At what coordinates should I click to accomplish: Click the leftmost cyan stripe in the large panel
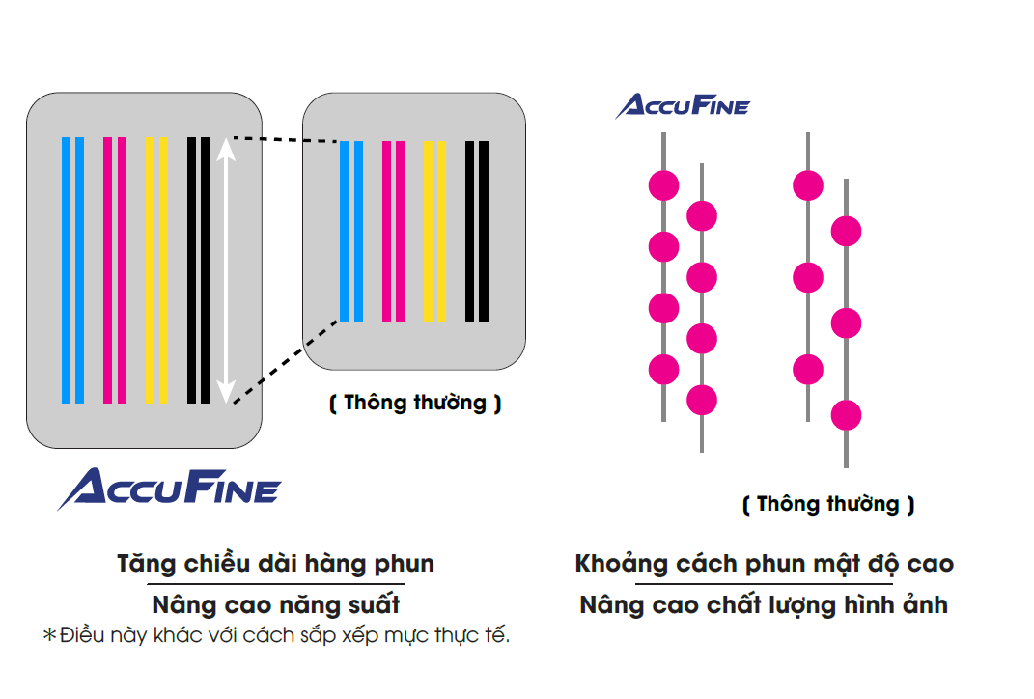point(67,269)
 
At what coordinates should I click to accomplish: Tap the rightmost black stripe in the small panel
point(484,231)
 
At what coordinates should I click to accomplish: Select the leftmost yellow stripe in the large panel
point(150,269)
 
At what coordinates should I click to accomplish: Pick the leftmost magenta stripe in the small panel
point(386,231)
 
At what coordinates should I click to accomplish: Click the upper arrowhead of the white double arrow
point(225,148)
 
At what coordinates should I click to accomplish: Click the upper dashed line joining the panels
point(285,140)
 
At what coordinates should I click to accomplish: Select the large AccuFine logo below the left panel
point(169,489)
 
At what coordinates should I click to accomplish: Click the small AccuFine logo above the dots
point(683,106)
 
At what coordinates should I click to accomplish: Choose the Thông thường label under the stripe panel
point(415,404)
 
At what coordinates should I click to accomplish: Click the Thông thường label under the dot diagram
point(828,504)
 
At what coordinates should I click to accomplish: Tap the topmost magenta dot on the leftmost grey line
point(663,184)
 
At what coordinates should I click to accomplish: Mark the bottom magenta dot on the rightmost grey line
point(846,415)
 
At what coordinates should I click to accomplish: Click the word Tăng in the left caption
point(143,564)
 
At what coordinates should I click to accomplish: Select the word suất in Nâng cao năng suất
point(372,605)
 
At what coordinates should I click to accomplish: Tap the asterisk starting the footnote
point(50,635)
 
